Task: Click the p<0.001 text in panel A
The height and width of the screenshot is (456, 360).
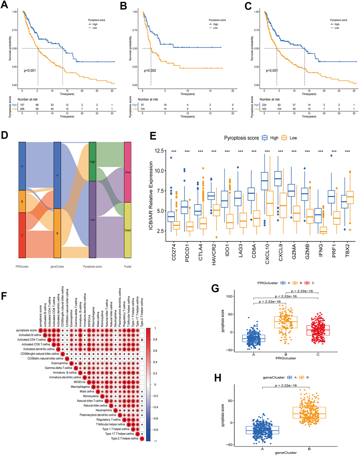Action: click(x=30, y=71)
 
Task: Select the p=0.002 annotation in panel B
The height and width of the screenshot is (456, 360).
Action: click(x=150, y=71)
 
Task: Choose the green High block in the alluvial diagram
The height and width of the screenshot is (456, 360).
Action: click(x=92, y=162)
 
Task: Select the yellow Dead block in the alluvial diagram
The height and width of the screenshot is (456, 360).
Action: click(x=127, y=230)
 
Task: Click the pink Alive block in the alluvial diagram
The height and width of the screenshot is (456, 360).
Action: click(x=127, y=172)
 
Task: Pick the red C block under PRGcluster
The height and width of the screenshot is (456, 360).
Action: click(x=22, y=235)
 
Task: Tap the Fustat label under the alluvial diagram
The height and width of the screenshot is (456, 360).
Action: click(x=127, y=267)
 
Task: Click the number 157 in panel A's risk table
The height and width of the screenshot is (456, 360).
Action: click(x=22, y=105)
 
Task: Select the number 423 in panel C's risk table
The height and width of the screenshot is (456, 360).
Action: click(x=264, y=109)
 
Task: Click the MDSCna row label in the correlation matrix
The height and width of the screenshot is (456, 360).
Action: click(x=79, y=382)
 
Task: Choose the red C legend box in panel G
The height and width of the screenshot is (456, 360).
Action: click(x=307, y=283)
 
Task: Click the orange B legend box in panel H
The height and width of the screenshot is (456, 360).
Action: click(x=302, y=377)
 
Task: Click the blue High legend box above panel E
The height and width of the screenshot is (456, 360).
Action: click(x=265, y=138)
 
